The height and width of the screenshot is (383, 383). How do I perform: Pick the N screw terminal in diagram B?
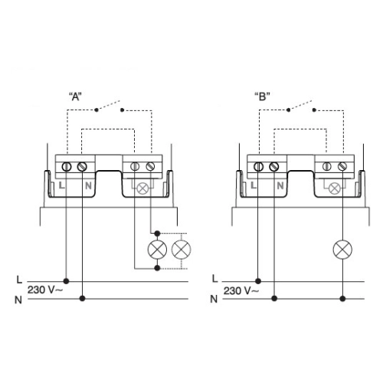pos(275,166)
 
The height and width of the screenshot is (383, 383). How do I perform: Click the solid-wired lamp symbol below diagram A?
pos(157,250)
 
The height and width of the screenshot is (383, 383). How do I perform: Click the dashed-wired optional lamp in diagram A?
pos(181,250)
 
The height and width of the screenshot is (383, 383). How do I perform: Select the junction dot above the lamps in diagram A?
pos(157,231)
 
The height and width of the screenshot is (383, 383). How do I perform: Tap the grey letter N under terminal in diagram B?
pos(280,185)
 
